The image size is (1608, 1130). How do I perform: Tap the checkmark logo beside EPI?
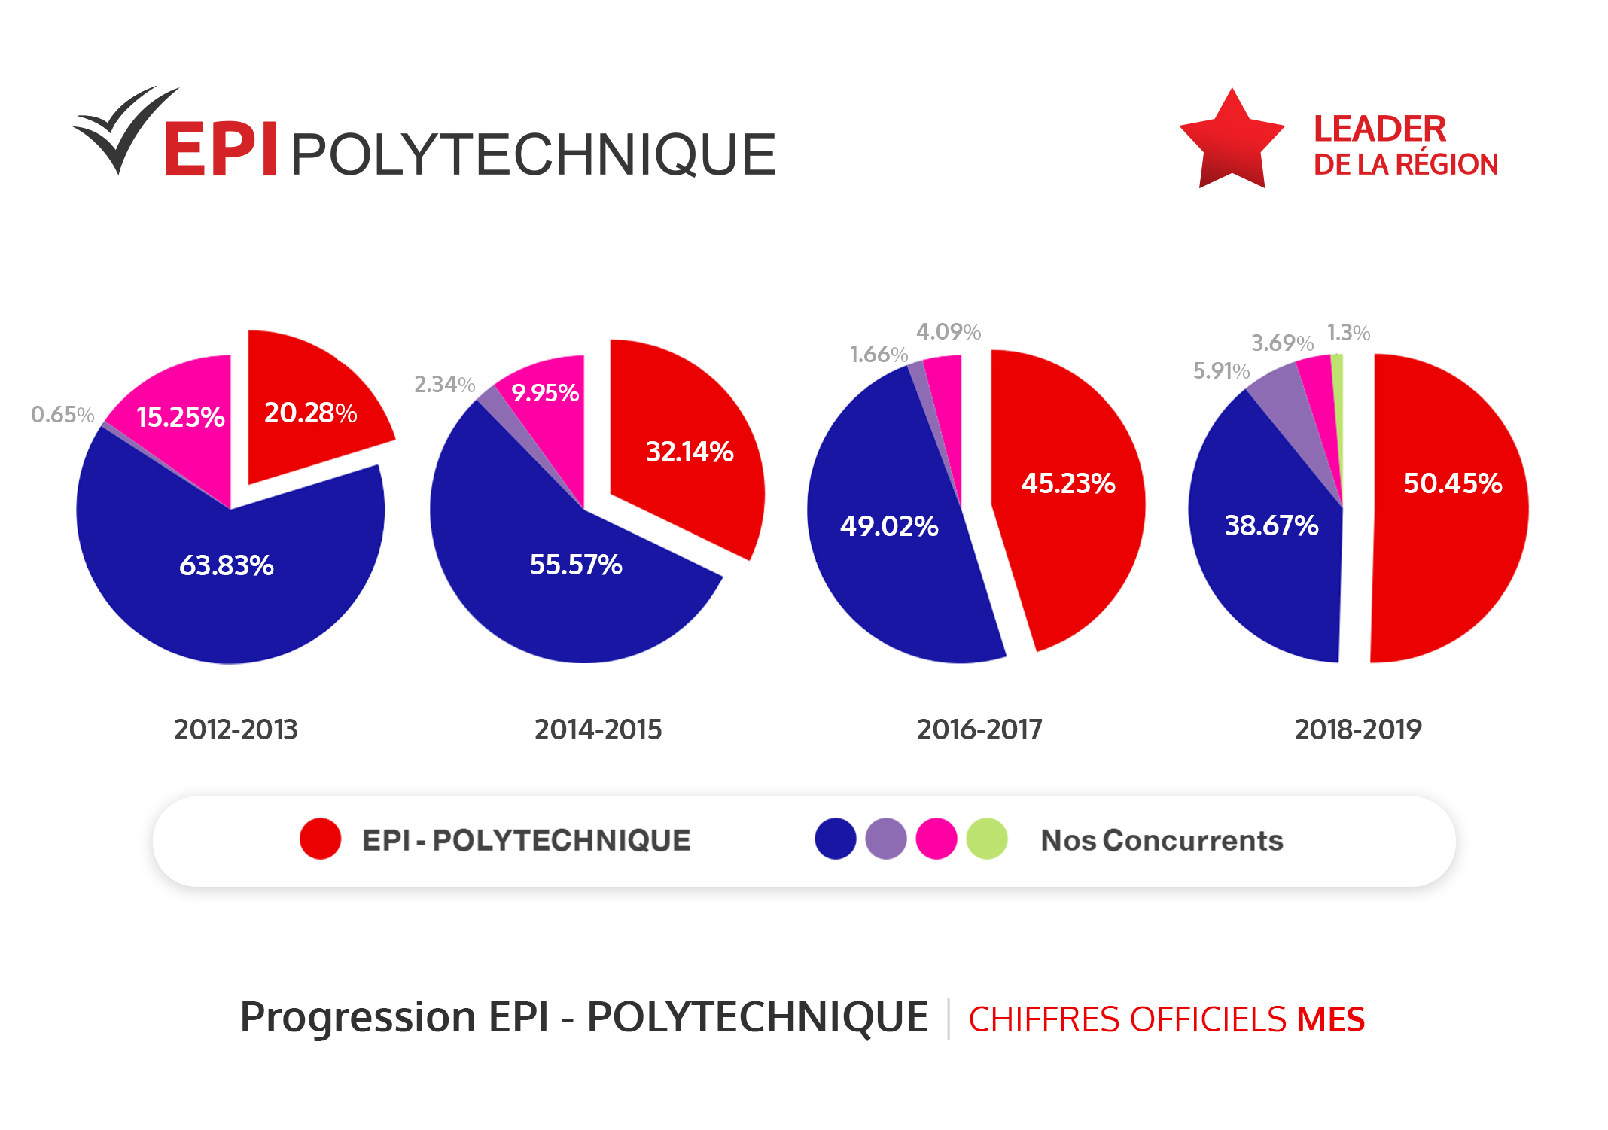(x=124, y=128)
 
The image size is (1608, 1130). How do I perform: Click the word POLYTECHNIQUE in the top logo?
(x=532, y=155)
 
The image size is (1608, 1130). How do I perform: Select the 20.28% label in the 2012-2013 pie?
(x=310, y=413)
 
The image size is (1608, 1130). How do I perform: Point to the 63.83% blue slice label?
(x=226, y=565)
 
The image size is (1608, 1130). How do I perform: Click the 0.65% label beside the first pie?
(x=62, y=414)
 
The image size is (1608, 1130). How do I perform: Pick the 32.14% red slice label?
(x=689, y=452)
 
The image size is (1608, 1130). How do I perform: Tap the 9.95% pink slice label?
(x=544, y=392)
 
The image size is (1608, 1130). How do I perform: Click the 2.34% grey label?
(x=444, y=385)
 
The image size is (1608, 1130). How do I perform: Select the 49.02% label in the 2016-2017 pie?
(x=888, y=525)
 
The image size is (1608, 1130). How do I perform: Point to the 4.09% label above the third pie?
(x=948, y=331)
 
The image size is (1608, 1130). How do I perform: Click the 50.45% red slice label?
(x=1452, y=483)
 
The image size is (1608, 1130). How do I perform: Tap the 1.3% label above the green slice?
(x=1348, y=332)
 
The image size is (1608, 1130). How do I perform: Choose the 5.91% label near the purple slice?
(x=1220, y=370)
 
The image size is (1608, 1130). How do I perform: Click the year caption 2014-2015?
(x=598, y=729)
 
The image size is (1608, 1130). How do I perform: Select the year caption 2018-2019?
(x=1357, y=729)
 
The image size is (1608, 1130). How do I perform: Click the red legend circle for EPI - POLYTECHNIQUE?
(x=320, y=839)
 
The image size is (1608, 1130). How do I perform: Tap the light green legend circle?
(x=986, y=839)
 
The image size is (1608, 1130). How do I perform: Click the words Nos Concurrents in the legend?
(x=1161, y=840)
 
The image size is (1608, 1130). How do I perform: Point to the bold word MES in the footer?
(x=1330, y=1019)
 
